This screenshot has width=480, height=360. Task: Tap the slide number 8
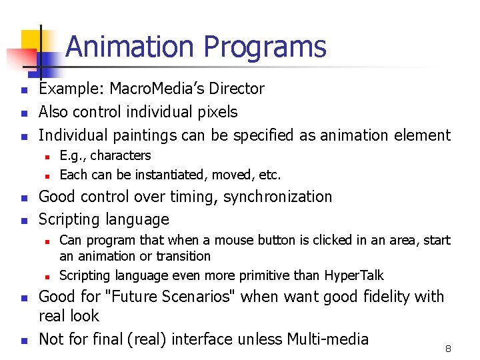[449, 348]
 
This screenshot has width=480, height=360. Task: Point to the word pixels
[215, 112]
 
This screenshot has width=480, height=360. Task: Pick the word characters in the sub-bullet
[121, 156]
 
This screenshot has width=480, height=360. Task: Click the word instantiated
[165, 175]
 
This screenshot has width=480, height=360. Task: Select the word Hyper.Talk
[354, 275]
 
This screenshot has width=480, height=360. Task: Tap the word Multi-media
[327, 339]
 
